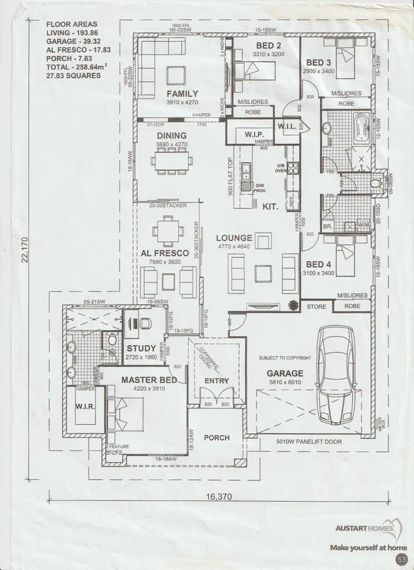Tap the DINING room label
(172, 136)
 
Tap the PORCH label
(217, 437)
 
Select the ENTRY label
(216, 381)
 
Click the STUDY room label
(140, 348)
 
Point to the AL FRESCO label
(165, 253)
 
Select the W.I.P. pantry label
(244, 134)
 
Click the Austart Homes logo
(368, 529)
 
